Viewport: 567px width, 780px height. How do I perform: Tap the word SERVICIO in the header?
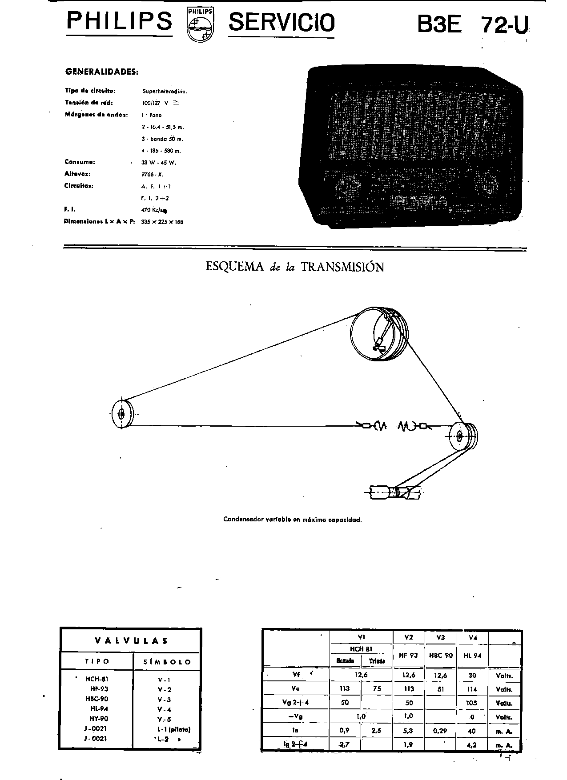coord(281,23)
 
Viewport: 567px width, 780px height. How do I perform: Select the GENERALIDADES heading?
coord(101,71)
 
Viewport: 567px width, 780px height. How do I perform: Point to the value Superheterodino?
coord(165,92)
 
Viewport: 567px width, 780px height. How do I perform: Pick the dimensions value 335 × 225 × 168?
coord(162,222)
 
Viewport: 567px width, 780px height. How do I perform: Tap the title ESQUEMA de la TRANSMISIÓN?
coord(294,267)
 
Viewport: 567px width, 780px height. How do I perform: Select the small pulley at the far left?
coord(121,414)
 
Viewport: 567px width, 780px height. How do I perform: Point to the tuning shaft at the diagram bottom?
coord(394,492)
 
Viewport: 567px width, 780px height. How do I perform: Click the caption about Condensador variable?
coord(292,519)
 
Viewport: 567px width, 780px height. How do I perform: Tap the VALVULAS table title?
coord(131,641)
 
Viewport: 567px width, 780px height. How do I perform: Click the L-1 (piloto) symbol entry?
coord(173,729)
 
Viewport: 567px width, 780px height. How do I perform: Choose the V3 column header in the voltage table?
coord(440,637)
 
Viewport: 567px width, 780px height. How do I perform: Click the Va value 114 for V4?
coord(472,689)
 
